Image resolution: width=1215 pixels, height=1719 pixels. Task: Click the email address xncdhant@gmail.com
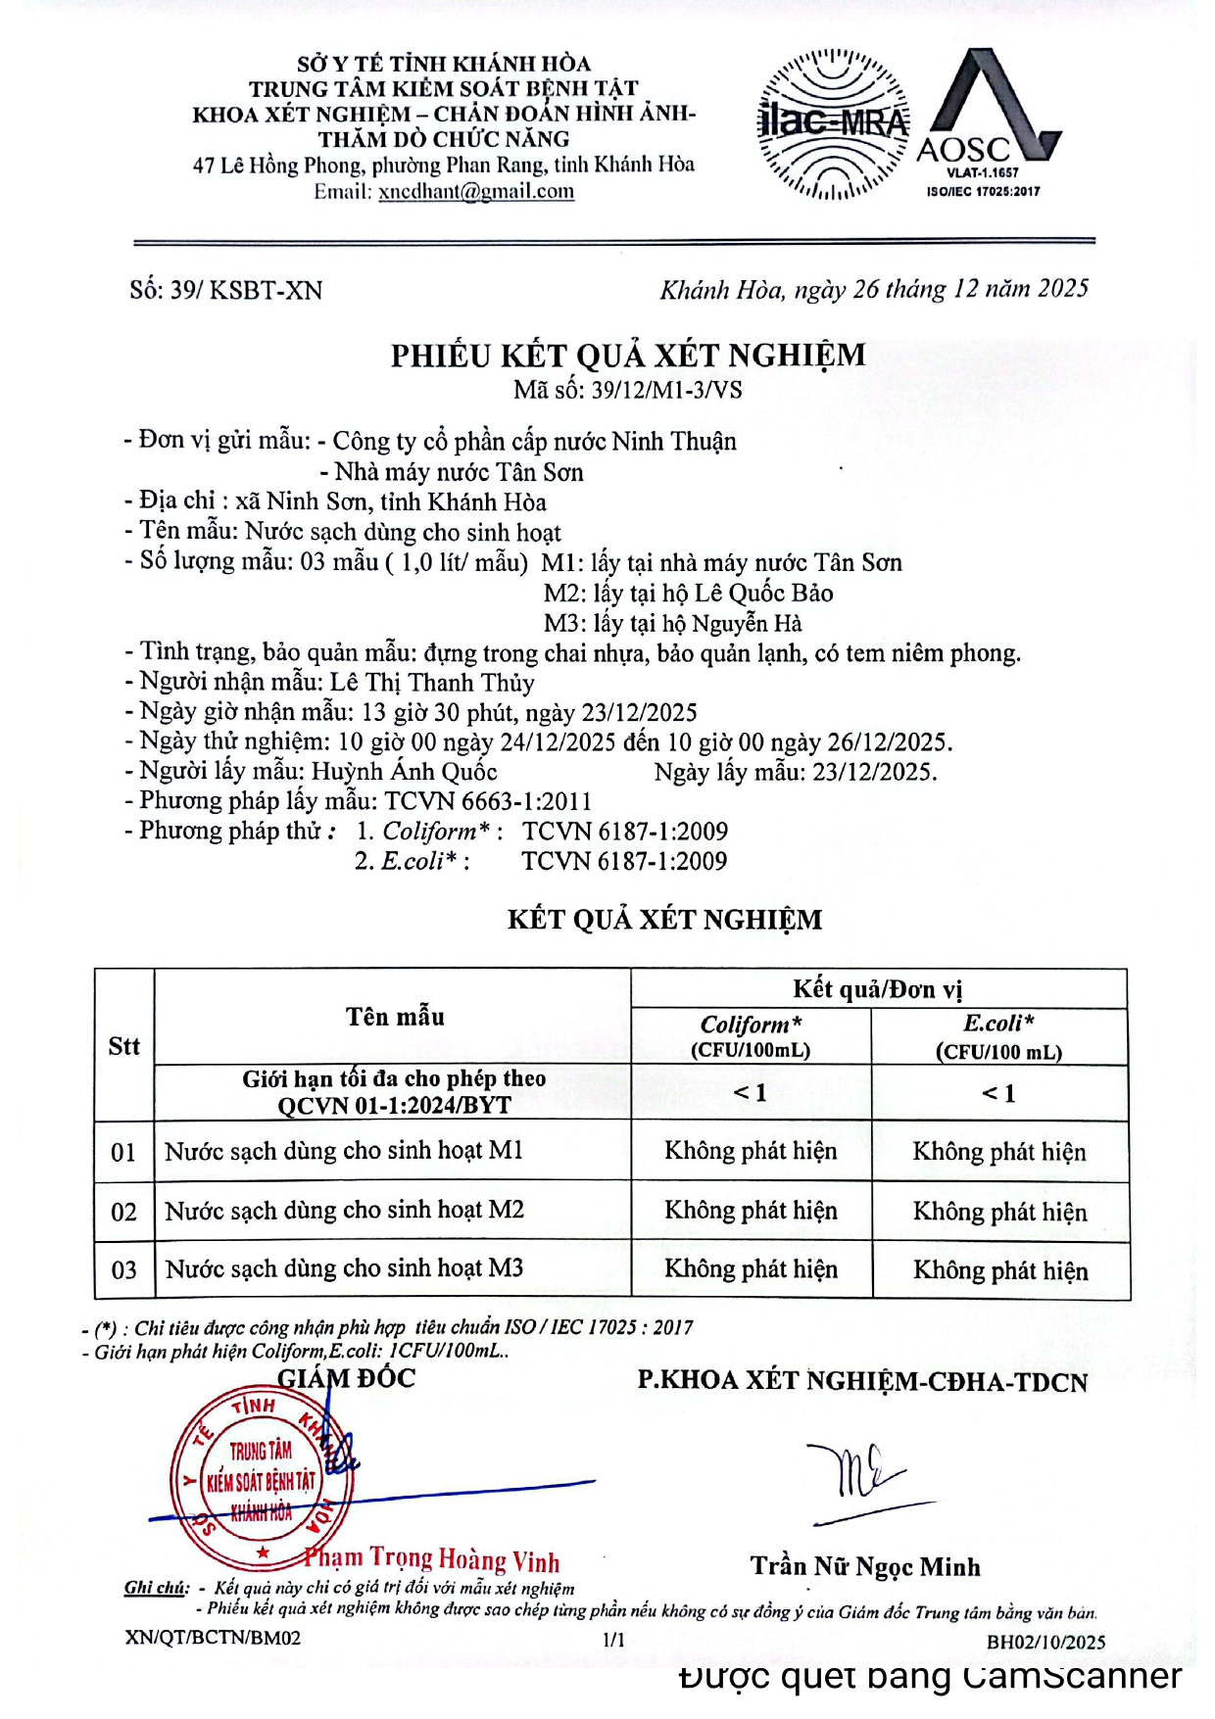(476, 192)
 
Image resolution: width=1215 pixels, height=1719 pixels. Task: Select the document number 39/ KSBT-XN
(225, 290)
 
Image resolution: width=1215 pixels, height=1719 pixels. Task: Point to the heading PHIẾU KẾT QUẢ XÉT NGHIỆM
(628, 355)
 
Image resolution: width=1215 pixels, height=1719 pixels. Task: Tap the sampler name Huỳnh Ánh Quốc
(405, 772)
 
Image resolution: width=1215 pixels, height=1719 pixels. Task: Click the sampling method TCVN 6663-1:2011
(488, 801)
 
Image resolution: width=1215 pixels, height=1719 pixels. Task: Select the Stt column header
(123, 1046)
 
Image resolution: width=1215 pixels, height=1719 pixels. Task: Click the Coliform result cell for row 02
(751, 1211)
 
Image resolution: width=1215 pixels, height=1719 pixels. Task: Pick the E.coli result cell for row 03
(1000, 1270)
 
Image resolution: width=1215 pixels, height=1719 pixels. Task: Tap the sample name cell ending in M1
(344, 1151)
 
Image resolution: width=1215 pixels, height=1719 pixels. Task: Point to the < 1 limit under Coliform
(751, 1092)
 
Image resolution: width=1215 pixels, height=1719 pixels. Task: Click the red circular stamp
(261, 1479)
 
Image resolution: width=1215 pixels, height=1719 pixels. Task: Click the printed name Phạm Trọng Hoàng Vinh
(431, 1559)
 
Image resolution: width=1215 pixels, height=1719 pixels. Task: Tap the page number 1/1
(613, 1640)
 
